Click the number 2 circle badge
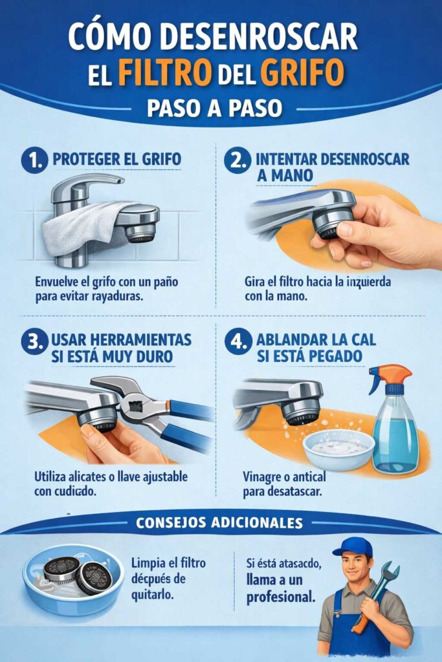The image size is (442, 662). tap(237, 160)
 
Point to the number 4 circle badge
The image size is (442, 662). tap(237, 341)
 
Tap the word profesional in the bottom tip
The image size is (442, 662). tap(280, 596)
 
